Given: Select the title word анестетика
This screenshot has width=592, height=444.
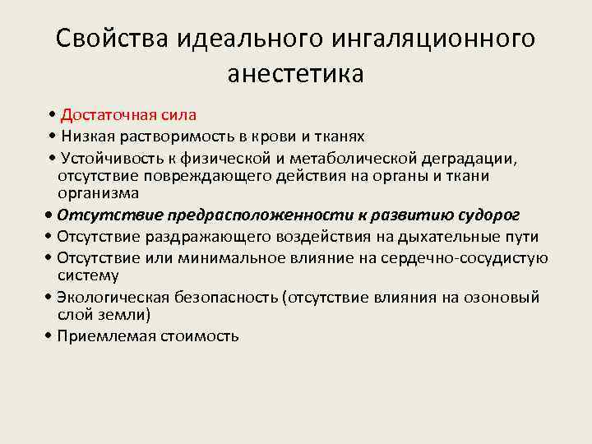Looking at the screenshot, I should coord(295,74).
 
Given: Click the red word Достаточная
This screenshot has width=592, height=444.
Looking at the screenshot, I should coord(104,114).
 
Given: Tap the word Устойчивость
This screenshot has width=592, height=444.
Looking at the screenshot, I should coord(109,157).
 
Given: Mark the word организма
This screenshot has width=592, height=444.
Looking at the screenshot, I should coord(98,192).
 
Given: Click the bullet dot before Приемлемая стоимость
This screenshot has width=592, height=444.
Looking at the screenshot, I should coord(50,335).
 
